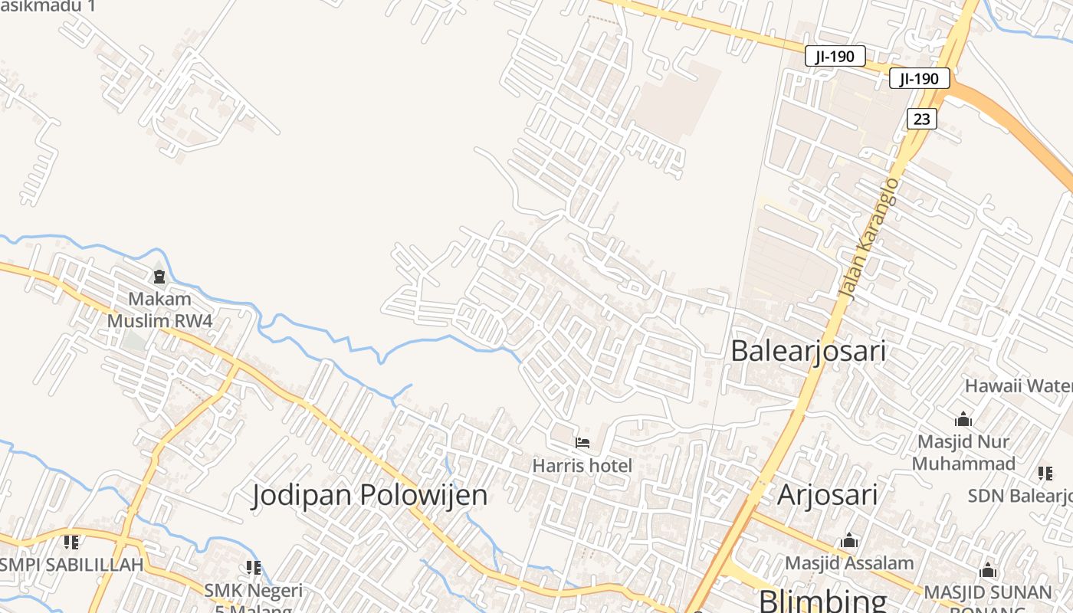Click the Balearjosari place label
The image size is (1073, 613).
tap(808, 351)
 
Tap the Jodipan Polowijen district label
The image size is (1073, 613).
tap(369, 495)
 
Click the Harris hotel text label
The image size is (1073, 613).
tap(582, 465)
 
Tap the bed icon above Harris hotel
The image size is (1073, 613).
tap(582, 443)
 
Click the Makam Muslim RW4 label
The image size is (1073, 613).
tap(159, 310)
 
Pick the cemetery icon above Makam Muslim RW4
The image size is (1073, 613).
tap(159, 276)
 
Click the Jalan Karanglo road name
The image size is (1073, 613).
tap(869, 238)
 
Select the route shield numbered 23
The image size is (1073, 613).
tap(921, 119)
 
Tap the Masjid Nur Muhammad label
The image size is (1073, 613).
tap(963, 452)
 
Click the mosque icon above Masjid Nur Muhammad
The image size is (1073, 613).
tap(963, 420)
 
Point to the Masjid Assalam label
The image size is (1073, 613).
tap(849, 563)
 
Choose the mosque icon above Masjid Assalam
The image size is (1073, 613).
tap(848, 541)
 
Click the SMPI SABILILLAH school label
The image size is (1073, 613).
tap(72, 565)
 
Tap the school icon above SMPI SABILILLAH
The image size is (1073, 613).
tap(71, 543)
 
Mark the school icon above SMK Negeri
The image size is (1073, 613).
tap(253, 568)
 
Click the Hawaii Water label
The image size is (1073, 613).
tap(1018, 385)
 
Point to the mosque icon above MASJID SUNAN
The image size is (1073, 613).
tap(988, 571)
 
